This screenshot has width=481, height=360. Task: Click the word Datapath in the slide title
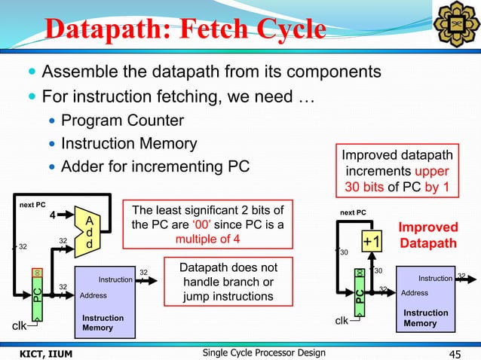(x=107, y=29)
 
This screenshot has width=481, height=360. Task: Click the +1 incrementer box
(x=370, y=241)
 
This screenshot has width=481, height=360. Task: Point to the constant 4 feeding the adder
(x=52, y=215)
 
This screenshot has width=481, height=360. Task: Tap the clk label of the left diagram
(x=19, y=326)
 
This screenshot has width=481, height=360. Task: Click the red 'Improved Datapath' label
(x=428, y=236)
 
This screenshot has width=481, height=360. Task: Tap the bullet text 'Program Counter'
(x=122, y=121)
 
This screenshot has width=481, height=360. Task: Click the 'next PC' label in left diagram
(x=33, y=204)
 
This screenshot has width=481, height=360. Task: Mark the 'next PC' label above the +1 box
(x=353, y=212)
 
